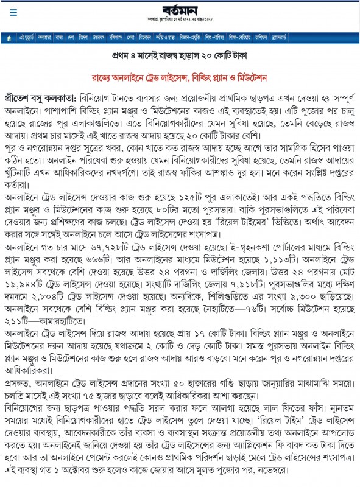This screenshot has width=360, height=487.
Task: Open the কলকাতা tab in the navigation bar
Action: (x=44, y=38)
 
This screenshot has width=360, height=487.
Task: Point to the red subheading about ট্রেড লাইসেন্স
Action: (x=180, y=79)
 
